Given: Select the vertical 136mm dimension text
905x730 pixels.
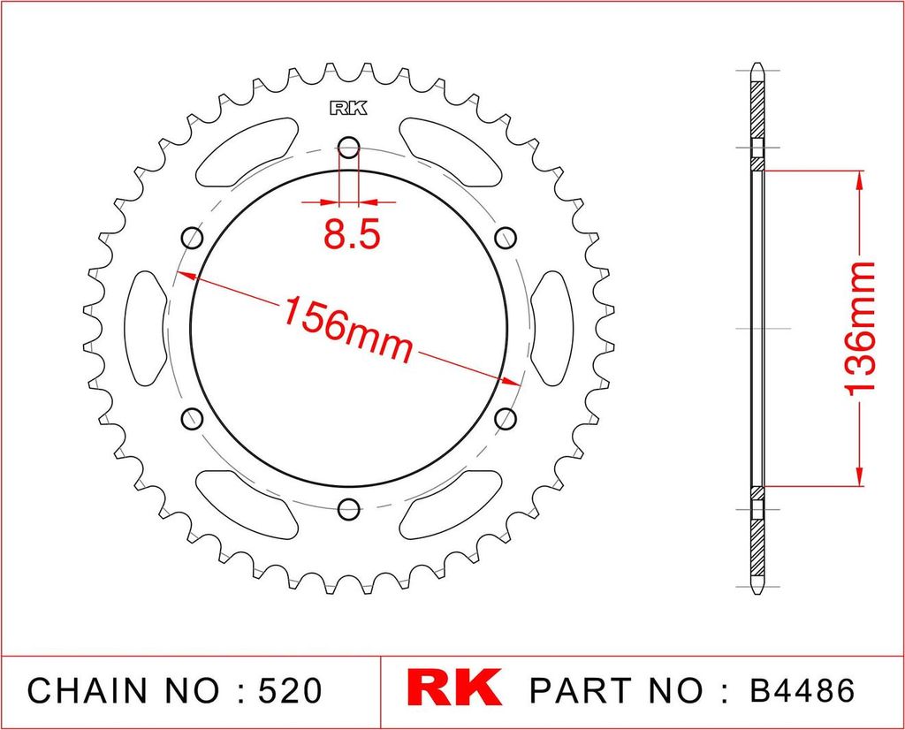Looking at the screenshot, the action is pos(859,329).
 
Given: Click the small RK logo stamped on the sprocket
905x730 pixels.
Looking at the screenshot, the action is pos(348,108).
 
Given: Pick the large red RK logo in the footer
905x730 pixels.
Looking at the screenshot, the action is pos(454,688).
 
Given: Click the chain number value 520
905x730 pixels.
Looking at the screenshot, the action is pos(290,690).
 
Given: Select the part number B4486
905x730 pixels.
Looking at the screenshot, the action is pos(802,690).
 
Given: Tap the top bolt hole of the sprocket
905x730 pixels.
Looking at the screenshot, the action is pos(348,148).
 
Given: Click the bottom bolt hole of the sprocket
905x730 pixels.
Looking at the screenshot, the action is pos(348,509).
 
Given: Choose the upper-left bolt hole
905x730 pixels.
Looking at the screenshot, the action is pos(192,237).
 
